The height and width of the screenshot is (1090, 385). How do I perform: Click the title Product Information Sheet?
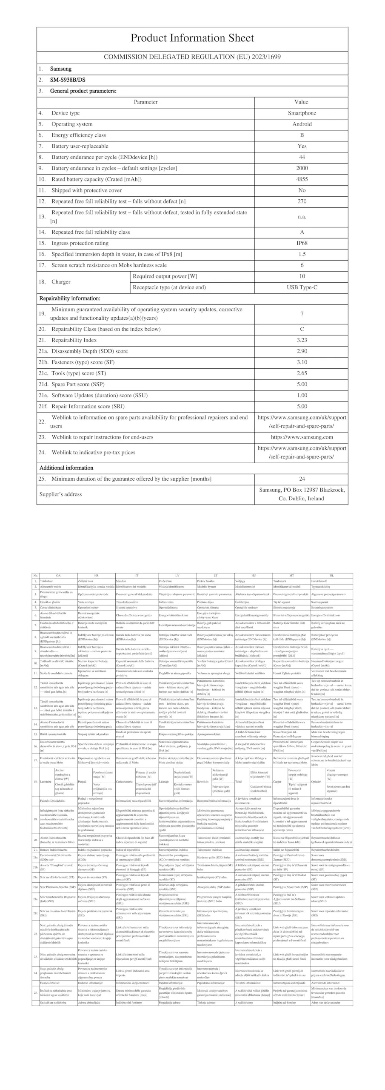click(192, 38)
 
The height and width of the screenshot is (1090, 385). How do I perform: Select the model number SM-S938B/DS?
click(68, 80)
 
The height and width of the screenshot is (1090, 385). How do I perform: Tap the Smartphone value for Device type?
click(302, 113)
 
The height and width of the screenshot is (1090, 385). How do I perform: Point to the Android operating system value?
click(302, 124)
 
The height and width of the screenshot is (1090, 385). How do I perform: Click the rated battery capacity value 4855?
click(302, 179)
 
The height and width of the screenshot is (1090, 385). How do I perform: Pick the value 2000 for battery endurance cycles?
click(302, 168)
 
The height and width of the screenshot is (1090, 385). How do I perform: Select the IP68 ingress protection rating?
click(302, 243)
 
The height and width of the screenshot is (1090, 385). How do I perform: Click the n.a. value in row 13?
click(302, 217)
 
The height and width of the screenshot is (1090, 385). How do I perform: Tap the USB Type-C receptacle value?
click(302, 287)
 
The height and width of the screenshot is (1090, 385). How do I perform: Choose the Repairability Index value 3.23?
click(302, 340)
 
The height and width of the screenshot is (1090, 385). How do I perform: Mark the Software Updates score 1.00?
click(302, 396)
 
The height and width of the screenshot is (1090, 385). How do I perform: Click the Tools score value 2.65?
click(302, 373)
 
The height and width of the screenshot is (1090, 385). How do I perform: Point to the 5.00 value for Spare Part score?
click(302, 384)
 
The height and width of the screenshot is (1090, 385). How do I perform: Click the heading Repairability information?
click(70, 298)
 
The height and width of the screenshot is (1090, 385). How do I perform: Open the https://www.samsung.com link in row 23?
click(302, 437)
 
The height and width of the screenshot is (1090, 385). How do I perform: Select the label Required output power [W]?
click(165, 276)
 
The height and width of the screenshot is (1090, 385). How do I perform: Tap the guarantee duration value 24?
click(302, 479)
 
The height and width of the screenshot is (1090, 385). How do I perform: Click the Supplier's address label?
click(60, 494)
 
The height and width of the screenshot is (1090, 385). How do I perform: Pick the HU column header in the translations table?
click(253, 576)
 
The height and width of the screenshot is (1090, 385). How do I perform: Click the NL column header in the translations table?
click(331, 576)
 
